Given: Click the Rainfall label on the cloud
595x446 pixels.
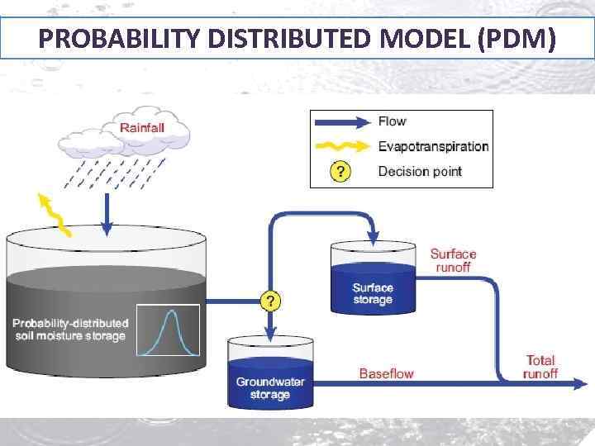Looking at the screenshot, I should (142, 127).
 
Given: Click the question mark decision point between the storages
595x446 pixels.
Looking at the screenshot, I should (269, 300).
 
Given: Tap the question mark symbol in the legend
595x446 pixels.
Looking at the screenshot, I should (340, 172).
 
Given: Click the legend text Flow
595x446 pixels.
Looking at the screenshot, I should (392, 121).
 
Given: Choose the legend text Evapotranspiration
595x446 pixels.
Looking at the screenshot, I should (433, 147).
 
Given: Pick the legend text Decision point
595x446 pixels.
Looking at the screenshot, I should (420, 172).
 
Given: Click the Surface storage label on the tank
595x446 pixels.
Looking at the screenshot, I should (373, 293).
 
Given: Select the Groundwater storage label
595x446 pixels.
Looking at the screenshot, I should (270, 388).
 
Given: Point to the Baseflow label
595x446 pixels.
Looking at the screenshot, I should (386, 373).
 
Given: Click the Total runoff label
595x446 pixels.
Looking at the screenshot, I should (540, 367).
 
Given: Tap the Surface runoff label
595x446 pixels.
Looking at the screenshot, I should (453, 261).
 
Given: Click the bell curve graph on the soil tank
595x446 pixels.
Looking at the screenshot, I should (169, 331).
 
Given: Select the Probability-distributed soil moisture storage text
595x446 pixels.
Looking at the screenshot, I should (70, 329).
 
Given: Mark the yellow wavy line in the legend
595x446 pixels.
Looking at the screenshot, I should (340, 147).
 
